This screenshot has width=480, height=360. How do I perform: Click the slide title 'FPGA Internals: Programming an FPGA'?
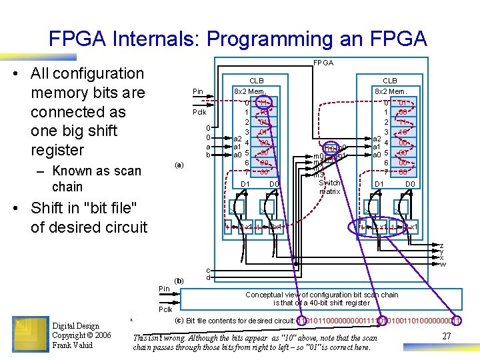(237, 39)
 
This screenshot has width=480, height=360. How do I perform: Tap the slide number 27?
(447, 337)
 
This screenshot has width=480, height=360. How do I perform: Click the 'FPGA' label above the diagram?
(324, 63)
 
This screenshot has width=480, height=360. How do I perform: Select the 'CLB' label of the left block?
(256, 81)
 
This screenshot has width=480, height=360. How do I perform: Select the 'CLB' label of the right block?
(390, 81)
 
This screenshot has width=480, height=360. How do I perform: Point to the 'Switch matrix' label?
(329, 187)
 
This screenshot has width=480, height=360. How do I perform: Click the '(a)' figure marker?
(179, 164)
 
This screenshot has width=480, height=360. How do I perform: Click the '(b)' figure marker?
(179, 281)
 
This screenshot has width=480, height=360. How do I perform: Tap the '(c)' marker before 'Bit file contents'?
(179, 320)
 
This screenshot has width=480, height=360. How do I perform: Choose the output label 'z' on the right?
(441, 245)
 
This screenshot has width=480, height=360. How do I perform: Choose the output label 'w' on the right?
(441, 264)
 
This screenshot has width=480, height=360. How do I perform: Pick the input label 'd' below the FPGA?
(209, 277)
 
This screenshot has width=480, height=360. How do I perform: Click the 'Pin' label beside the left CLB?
(198, 91)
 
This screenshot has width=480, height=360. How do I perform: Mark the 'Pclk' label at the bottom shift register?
(165, 310)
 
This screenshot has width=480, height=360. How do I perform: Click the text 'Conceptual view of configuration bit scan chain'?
(321, 295)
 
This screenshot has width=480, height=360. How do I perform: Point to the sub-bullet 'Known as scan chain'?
(97, 179)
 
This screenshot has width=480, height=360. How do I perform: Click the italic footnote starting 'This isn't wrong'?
(257, 342)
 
